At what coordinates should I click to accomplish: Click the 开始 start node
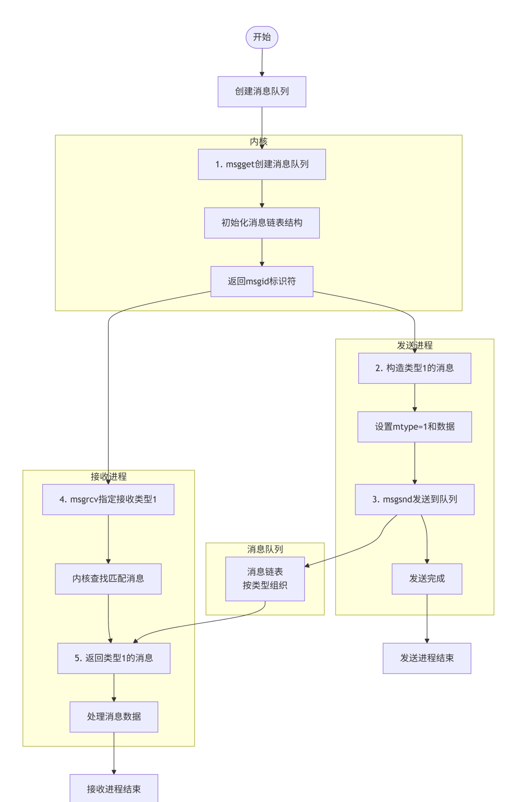click(262, 37)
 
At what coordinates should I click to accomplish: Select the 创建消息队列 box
click(262, 92)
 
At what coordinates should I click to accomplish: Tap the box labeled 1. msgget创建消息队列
click(262, 164)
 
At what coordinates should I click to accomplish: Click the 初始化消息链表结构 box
click(262, 223)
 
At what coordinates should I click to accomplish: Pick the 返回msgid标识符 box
click(262, 282)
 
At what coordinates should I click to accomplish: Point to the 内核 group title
click(259, 141)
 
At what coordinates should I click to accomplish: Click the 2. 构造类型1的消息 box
click(415, 368)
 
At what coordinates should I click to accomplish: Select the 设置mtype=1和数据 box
click(415, 427)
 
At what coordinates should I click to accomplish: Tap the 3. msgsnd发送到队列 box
click(415, 499)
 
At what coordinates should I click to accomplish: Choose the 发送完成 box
click(427, 579)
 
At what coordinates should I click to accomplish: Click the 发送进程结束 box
click(427, 658)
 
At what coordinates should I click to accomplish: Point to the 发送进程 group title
click(415, 345)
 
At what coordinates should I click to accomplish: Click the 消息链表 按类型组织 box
click(265, 579)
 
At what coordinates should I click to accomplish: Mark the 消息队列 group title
click(265, 549)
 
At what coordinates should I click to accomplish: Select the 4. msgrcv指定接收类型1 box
click(108, 499)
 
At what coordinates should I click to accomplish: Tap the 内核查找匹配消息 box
click(108, 579)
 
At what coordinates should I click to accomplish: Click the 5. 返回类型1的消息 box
click(114, 658)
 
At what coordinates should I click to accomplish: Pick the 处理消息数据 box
click(114, 717)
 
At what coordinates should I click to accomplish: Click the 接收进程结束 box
click(114, 789)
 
